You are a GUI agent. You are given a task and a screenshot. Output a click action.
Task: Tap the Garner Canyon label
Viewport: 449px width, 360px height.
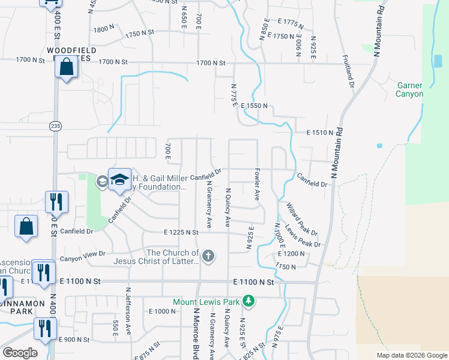pos(410,90)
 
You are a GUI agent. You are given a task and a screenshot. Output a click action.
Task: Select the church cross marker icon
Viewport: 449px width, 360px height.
pos(208,257)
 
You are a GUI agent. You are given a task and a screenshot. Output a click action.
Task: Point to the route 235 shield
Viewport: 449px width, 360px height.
pos(55,125)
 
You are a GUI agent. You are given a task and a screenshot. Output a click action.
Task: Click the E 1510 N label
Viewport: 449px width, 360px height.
pos(319,132)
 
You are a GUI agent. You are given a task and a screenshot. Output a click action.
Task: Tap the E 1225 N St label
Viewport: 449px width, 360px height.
pos(181,232)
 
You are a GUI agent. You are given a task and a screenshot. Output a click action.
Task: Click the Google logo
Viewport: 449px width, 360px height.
pos(20,353)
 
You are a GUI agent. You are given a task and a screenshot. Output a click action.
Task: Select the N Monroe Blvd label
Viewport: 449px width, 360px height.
pos(196,333)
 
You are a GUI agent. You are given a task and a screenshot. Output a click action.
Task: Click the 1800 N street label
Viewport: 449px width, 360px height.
pos(103,28)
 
